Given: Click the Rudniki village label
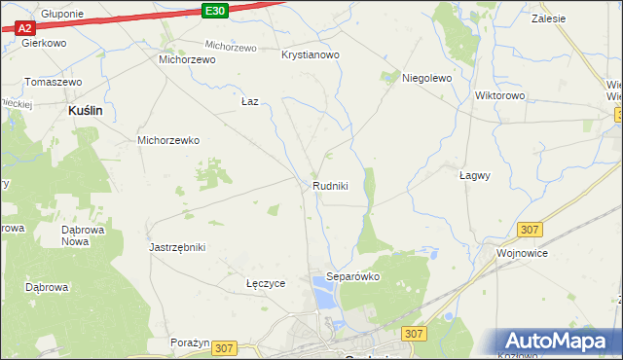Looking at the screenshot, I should click(330, 186).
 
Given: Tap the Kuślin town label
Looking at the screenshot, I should click(86, 112).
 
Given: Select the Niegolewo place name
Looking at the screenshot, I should click(427, 79).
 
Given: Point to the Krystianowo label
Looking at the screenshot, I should click(310, 55).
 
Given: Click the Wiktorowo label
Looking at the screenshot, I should click(499, 96).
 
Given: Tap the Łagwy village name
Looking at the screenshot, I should click(474, 176).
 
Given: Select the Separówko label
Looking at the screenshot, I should click(352, 276).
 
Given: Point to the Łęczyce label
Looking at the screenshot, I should click(266, 283).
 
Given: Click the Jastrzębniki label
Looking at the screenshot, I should click(177, 247).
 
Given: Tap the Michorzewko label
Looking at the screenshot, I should click(168, 140).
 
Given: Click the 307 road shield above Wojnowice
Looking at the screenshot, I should click(530, 229).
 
